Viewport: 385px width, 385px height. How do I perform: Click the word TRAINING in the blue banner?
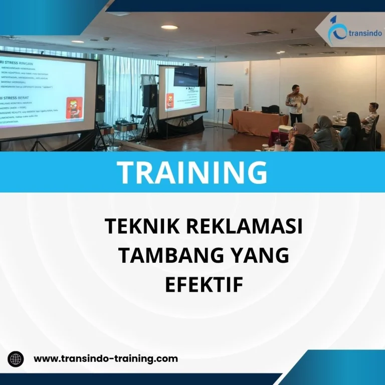click(192, 172)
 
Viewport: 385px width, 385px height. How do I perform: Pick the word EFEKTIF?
click(204, 285)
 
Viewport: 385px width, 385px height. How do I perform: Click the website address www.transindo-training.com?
click(105, 358)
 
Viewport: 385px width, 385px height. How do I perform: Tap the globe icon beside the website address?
click(16, 359)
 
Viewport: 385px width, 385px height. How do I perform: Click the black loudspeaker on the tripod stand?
click(149, 95)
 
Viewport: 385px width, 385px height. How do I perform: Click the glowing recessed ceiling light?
click(169, 28)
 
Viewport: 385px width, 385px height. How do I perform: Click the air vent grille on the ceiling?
click(261, 33)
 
